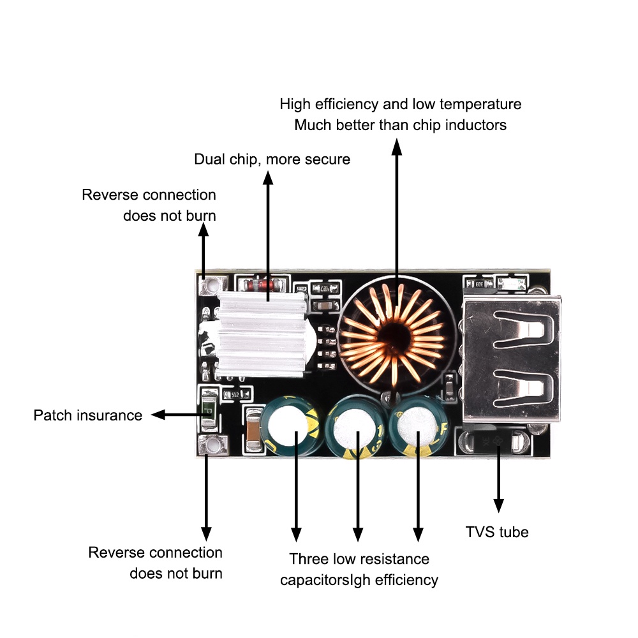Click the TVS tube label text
[x=496, y=531]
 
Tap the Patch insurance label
[x=88, y=415]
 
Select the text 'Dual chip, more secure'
[x=272, y=159]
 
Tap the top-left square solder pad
[x=205, y=284]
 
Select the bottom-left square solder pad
[x=207, y=447]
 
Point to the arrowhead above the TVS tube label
[x=498, y=505]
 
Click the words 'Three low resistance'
[x=359, y=560]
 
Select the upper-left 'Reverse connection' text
[x=149, y=195]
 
